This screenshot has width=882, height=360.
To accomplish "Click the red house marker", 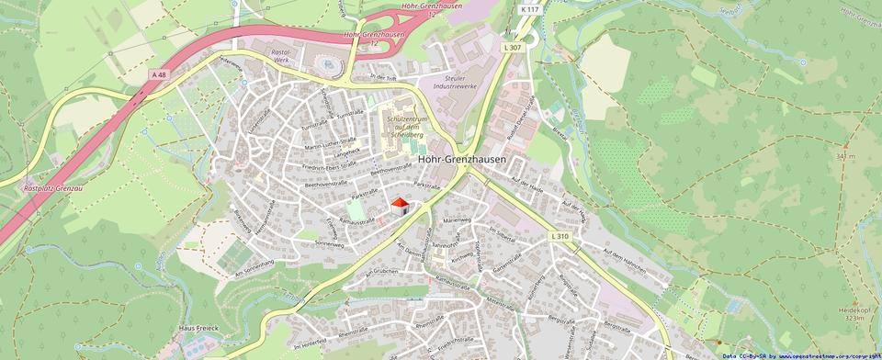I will coord(400,207).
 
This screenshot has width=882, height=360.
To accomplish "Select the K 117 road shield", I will coord(529,9).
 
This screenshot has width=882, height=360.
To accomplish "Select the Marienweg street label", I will coord(457,221).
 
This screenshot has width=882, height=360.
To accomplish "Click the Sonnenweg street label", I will coord(329,245).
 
